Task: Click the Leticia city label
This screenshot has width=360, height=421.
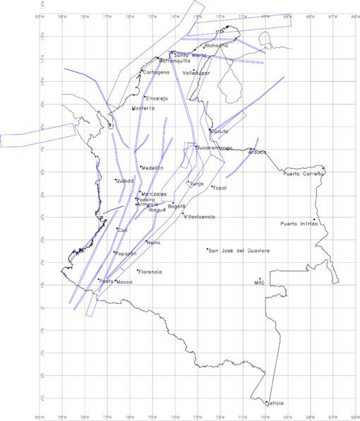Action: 275,403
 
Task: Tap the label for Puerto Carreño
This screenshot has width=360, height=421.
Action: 303,173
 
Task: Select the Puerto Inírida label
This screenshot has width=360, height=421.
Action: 299,224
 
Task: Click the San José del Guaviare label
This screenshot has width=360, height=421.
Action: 239,251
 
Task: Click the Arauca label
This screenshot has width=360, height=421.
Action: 257,152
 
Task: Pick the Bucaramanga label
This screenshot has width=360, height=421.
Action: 215,148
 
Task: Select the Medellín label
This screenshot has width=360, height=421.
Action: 152,168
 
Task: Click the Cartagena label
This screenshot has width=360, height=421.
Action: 156,72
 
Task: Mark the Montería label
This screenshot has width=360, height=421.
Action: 145,109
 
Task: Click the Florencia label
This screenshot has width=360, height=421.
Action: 150,272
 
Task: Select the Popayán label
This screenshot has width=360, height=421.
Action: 125,254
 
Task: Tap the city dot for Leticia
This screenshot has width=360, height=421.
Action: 266,403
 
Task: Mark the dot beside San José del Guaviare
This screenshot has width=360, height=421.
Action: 208,249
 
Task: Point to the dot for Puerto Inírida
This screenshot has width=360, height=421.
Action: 313,219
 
